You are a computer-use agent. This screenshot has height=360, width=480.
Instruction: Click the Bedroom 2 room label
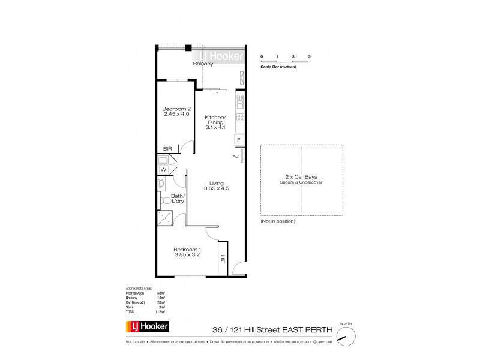coord(176,109)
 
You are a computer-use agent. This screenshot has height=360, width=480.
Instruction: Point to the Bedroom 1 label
coord(187,250)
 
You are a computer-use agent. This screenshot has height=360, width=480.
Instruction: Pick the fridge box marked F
coord(239,140)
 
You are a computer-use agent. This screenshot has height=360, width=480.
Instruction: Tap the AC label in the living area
coord(236,156)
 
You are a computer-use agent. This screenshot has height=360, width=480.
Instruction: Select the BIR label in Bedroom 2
coord(167,148)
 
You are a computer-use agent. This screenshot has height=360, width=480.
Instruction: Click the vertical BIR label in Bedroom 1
coord(223,259)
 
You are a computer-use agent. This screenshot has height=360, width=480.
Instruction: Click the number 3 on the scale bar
coord(309,56)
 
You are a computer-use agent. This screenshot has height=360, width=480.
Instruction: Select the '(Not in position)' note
coord(278,221)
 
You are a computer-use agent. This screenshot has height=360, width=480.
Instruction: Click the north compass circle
coord(344,338)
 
